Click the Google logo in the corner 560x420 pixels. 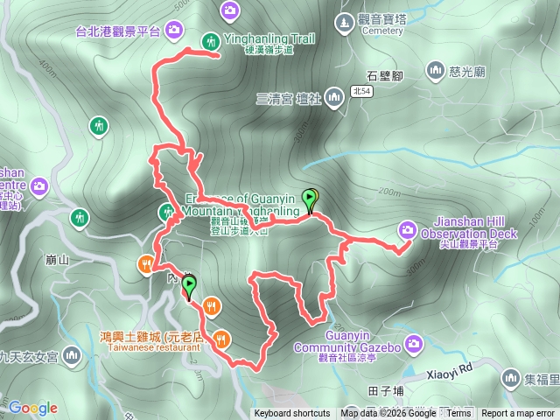tap(33, 408)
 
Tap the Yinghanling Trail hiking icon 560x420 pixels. tap(211, 41)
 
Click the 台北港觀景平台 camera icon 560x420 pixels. tap(174, 31)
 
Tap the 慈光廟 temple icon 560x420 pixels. tap(435, 70)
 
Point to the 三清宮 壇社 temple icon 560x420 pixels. tap(333, 96)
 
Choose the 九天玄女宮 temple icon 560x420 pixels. tap(71, 355)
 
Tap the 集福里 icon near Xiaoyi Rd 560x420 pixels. tap(510, 377)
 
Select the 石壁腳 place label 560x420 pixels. tap(384, 75)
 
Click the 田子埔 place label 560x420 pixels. tap(386, 390)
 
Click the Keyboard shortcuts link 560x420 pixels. tap(292, 414)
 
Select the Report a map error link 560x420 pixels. tap(518, 414)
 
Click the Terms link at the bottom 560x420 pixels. tap(458, 414)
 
